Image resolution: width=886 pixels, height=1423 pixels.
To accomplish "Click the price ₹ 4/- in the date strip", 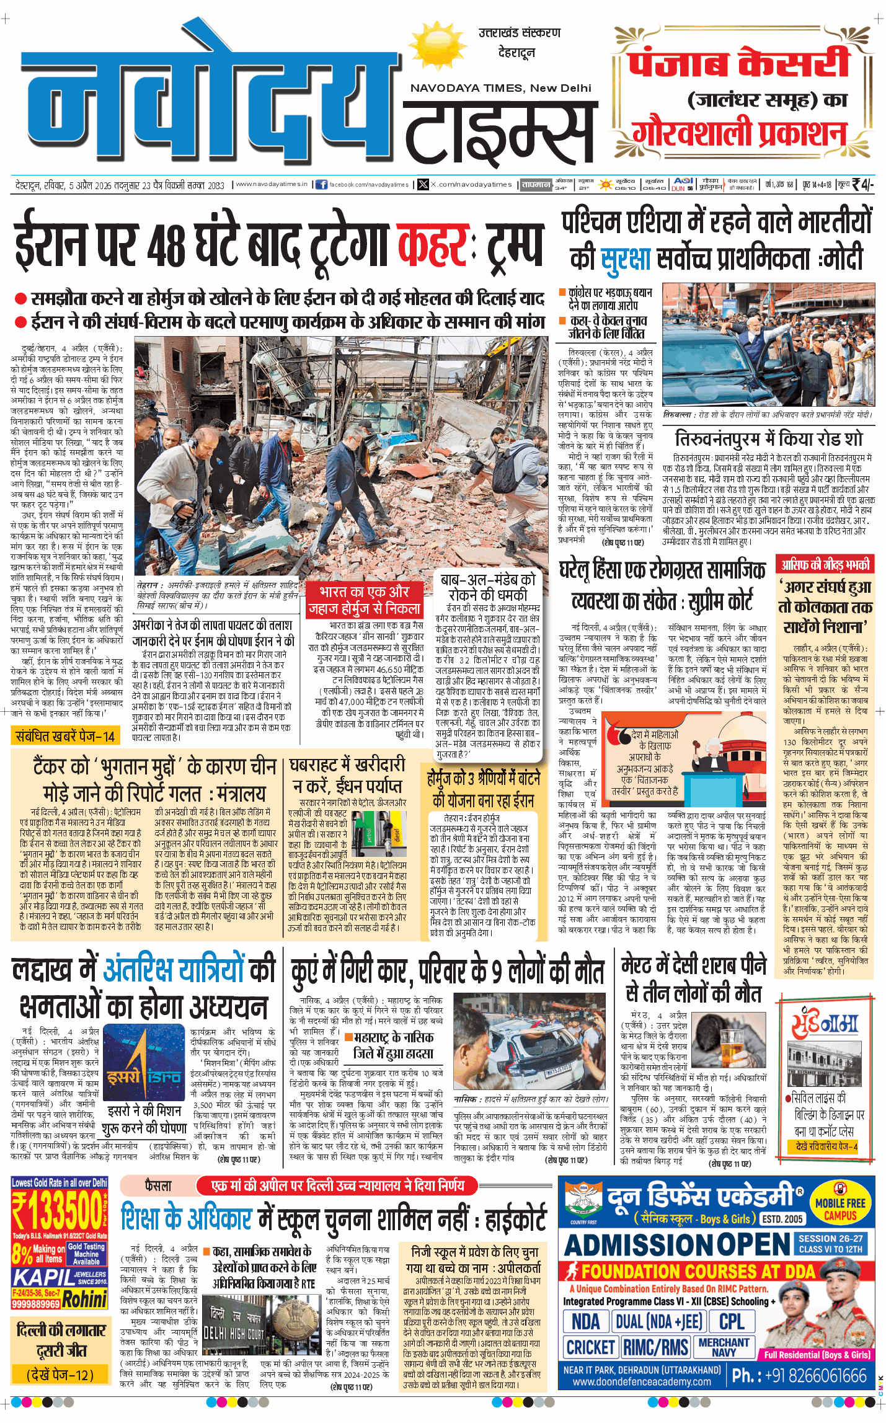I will (x=862, y=184).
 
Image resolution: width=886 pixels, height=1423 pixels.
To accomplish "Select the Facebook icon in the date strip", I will (x=321, y=184).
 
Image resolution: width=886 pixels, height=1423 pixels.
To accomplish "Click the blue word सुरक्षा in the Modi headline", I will (x=627, y=260).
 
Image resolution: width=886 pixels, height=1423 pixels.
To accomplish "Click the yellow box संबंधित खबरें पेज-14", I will (x=65, y=736).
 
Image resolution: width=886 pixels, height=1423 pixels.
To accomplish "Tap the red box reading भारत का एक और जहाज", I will (x=365, y=600).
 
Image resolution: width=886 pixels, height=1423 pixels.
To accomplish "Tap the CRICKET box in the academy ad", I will (x=590, y=1347).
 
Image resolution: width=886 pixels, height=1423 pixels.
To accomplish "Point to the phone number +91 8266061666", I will (x=799, y=1375).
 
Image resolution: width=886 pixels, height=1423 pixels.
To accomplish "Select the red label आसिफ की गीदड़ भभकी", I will (x=825, y=564).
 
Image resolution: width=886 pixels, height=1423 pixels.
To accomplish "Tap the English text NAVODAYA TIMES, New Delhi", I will (x=500, y=88).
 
